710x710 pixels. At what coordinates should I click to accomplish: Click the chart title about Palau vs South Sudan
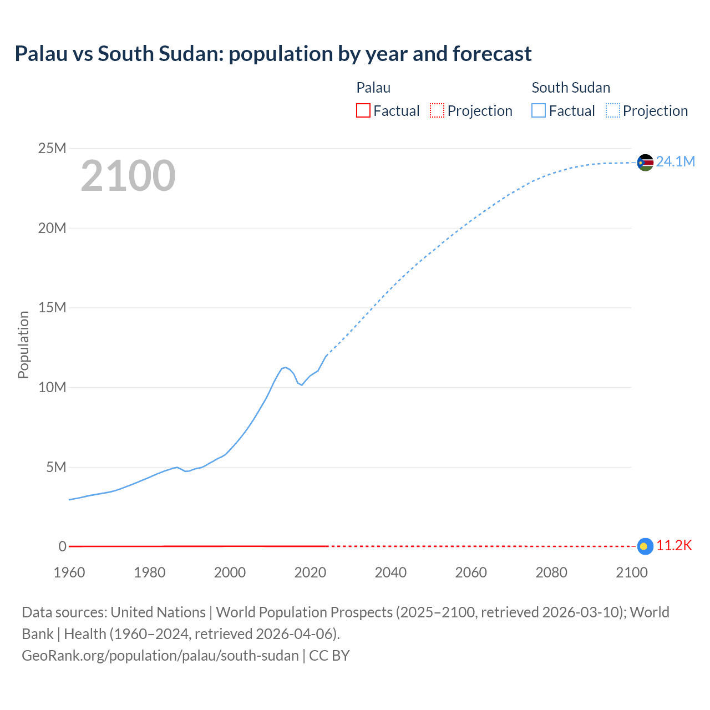(273, 54)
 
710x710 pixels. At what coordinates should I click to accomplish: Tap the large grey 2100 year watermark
(128, 176)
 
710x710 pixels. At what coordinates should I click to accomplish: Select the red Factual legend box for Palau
(363, 110)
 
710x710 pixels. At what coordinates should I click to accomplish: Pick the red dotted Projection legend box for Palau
(437, 110)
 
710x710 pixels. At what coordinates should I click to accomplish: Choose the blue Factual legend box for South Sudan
(539, 110)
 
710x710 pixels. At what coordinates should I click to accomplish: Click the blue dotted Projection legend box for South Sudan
(612, 110)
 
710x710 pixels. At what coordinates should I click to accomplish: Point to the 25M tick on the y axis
(52, 148)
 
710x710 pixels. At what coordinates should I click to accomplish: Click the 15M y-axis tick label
(52, 307)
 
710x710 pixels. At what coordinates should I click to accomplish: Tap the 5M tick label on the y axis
(56, 467)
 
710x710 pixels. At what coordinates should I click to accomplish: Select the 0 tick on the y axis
(62, 546)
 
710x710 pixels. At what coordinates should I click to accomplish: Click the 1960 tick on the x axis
(69, 572)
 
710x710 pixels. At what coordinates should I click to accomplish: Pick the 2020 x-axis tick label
(310, 572)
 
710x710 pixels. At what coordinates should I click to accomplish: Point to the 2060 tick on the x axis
(471, 572)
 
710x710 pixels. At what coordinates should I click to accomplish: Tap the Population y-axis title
(23, 344)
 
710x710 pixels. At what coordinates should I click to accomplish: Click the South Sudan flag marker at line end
(645, 163)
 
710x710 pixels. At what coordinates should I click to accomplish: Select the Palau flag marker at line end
(645, 546)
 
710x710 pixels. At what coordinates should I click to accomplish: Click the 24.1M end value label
(675, 161)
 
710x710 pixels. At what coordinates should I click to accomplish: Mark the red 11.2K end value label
(674, 546)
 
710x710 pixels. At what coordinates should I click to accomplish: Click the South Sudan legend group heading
(571, 88)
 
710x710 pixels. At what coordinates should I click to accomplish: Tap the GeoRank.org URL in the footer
(160, 656)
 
